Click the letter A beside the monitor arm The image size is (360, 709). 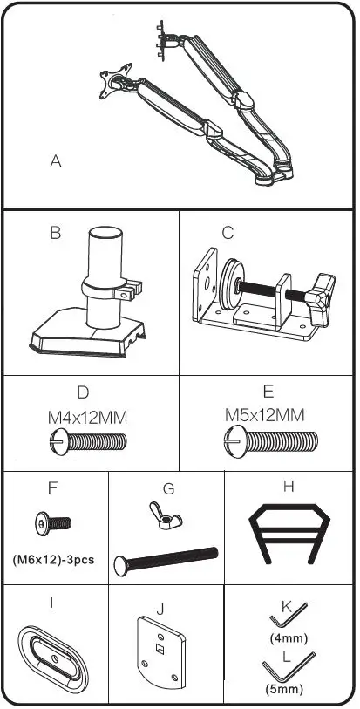pos(56,161)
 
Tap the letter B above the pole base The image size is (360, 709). pos(55,233)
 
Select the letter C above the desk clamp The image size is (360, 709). pos(228,233)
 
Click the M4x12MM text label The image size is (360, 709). pos(87,418)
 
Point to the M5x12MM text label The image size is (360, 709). pos(265,413)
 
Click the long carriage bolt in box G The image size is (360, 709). pos(166,558)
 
